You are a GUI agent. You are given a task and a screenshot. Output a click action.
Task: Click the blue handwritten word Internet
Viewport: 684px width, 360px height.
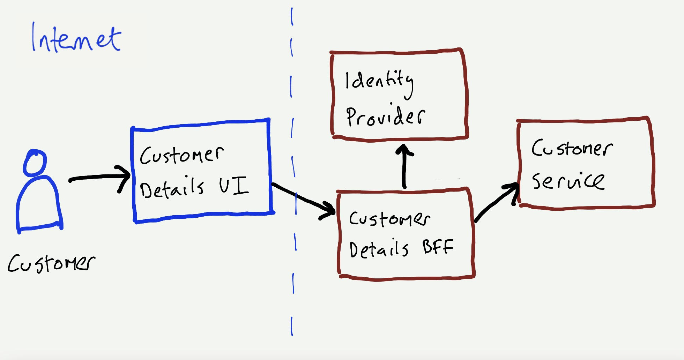[76, 38]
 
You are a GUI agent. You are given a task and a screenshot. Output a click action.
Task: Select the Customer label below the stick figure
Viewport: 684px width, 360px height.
[51, 263]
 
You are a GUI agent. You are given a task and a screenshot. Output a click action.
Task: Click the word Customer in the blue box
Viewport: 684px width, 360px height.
[181, 155]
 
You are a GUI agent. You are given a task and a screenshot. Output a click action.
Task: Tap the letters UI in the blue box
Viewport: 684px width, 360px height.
[233, 186]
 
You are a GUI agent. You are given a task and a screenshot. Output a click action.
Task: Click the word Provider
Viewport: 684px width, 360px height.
[386, 116]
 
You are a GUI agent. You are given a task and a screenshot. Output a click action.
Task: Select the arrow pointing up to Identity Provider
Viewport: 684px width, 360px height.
[404, 167]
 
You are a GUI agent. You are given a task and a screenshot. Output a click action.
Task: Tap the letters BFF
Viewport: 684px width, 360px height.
[438, 247]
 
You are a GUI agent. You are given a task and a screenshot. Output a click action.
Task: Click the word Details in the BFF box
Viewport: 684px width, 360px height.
[379, 249]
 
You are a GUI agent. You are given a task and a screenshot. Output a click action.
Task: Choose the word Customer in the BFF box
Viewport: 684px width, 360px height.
[389, 218]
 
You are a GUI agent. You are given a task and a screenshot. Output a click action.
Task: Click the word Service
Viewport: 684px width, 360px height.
[568, 181]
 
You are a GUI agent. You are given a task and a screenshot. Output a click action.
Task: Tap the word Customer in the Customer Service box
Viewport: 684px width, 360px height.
[572, 148]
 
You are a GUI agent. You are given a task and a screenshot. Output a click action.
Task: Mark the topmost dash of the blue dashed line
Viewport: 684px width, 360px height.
[292, 17]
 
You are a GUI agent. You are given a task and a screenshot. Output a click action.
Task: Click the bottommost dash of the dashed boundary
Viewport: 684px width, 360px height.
[292, 326]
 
